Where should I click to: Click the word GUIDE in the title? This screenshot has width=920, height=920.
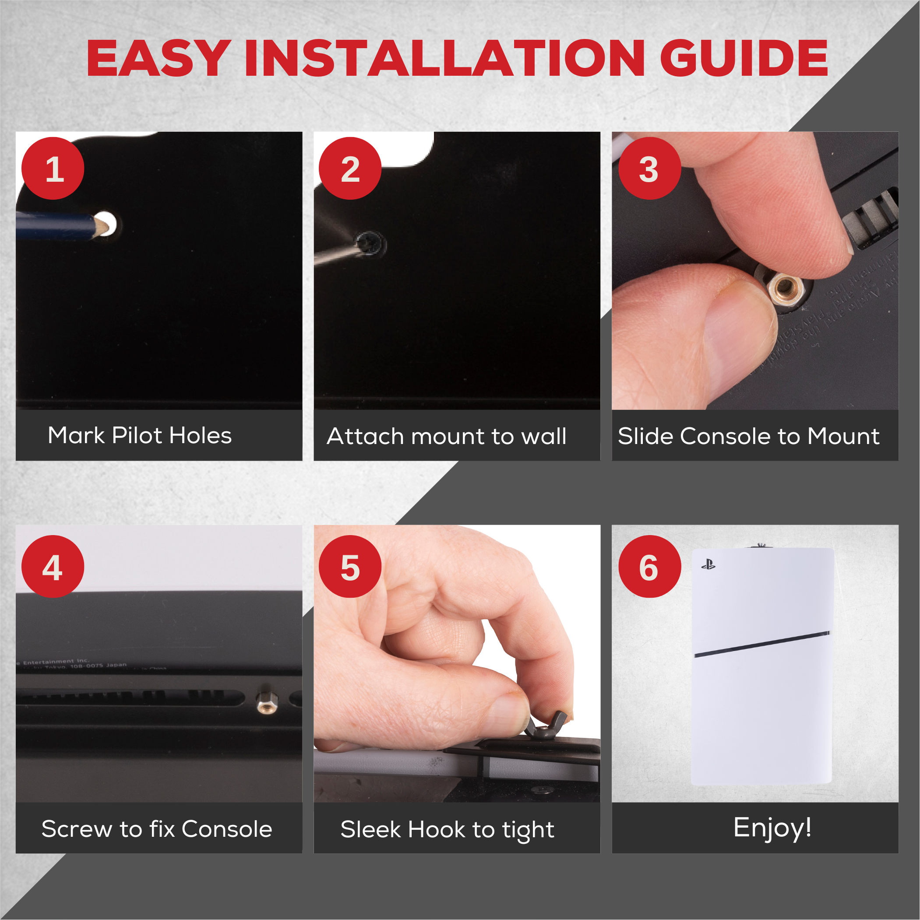pos(744,58)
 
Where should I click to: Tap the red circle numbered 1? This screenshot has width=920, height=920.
pos(53,169)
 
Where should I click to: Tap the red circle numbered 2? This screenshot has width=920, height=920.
pos(350,169)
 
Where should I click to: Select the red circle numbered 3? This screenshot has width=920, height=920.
pos(649,169)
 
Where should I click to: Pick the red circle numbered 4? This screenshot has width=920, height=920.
pos(53,567)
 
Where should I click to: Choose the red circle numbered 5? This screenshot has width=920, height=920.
pos(350,567)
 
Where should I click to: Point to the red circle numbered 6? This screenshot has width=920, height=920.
pos(649,567)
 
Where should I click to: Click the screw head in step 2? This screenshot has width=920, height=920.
pos(369,244)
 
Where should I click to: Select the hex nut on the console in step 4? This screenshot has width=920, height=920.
pos(267,702)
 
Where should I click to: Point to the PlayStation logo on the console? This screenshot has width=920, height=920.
pos(708,565)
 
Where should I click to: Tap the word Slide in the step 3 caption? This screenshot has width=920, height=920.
pos(646,436)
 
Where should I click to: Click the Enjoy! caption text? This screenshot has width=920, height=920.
pos(772,828)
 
